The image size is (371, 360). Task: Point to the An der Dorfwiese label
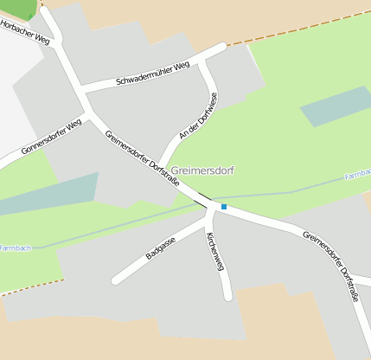point(195,119)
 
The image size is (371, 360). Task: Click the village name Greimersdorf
point(203,170)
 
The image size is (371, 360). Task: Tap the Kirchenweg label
point(215,251)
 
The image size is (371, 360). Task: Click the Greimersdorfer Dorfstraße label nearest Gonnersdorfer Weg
point(143,158)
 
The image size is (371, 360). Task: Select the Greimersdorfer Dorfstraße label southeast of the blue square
point(331,265)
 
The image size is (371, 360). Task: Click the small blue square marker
point(224,207)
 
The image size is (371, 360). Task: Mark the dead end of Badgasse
point(115,280)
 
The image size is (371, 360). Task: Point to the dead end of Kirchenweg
point(228,298)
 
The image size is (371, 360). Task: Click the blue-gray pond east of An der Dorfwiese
point(333,106)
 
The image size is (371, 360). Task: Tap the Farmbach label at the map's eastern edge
point(358,176)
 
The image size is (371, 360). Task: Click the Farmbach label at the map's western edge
point(15,247)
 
